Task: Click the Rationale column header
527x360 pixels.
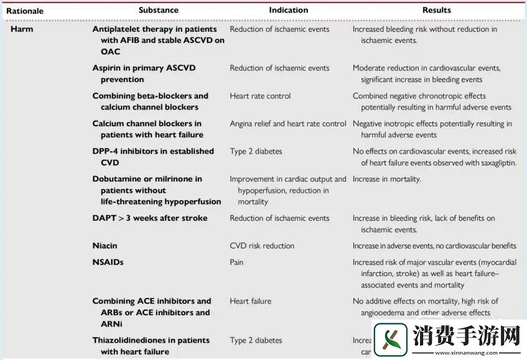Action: point(25,11)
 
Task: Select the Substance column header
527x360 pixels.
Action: point(158,10)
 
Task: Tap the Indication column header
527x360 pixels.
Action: point(288,10)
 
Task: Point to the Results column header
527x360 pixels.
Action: point(436,10)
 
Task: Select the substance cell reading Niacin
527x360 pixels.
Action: point(105,246)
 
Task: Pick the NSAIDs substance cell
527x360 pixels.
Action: point(108,262)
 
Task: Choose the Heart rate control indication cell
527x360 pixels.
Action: point(260,96)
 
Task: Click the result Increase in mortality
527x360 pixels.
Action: point(386,179)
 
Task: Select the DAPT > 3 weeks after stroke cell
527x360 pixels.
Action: point(150,218)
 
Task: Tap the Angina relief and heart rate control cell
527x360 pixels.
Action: point(288,124)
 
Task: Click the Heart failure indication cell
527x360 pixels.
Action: point(250,302)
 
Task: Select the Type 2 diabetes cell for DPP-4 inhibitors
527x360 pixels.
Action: point(256,151)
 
